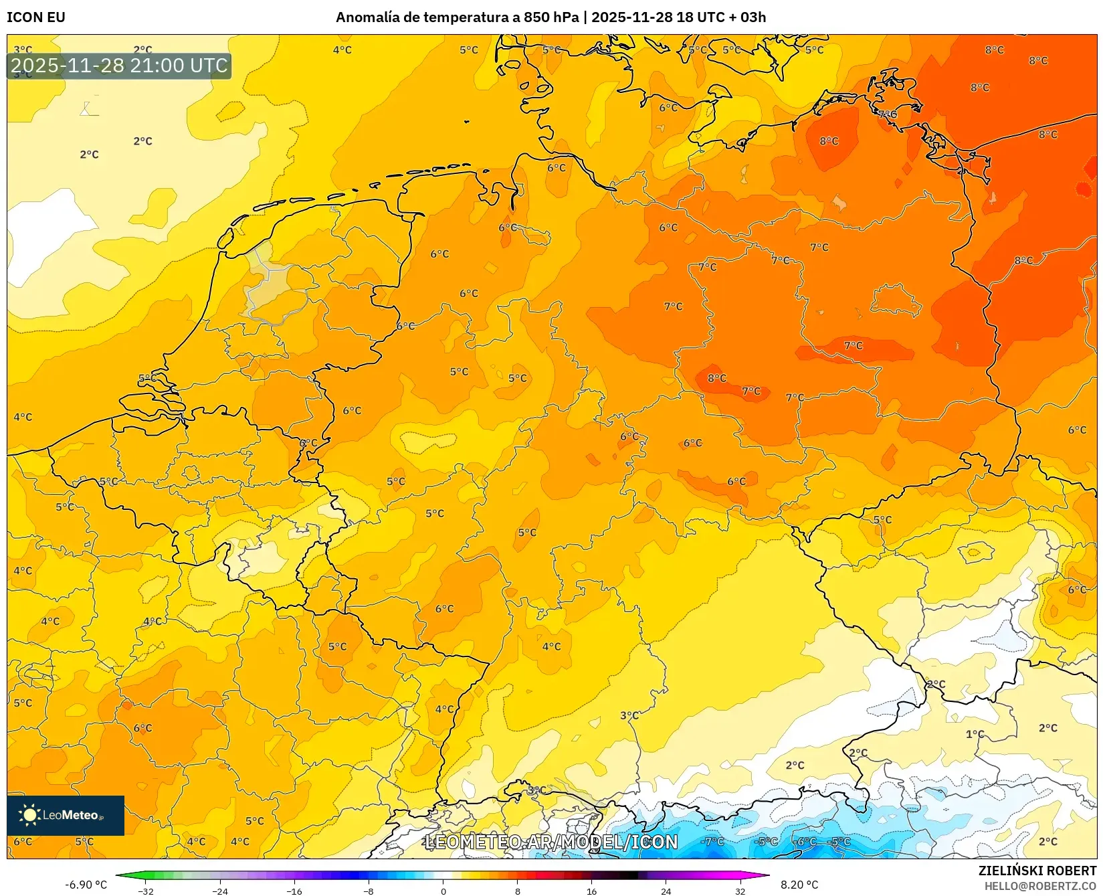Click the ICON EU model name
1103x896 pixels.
pos(36,17)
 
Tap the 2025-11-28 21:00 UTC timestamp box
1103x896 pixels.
pos(119,66)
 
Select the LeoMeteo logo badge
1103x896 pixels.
pos(66,815)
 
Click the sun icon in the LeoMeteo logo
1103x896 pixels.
pos(29,815)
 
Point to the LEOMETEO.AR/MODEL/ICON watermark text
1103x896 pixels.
pos(551,842)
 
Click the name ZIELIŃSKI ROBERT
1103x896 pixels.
pos(1037,871)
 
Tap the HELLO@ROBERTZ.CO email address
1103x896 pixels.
pos(1040,886)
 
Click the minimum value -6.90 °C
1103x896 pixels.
pos(86,885)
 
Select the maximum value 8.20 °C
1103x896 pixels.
pos(799,885)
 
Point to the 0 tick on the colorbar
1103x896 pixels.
pos(443,891)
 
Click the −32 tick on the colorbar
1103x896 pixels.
pos(146,891)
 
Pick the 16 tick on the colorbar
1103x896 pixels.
pos(591,891)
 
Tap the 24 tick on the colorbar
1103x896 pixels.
pos(666,891)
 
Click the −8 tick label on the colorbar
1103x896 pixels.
pos(369,891)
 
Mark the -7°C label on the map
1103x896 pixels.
pos(713,841)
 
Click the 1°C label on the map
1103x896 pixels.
pos(975,734)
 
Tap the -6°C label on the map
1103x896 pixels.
pos(805,842)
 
